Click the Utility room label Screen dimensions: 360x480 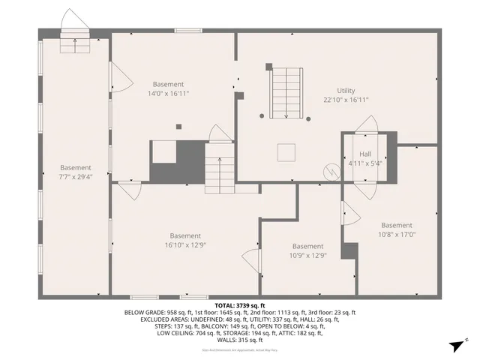(x=346, y=90)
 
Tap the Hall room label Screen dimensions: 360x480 (x=365, y=152)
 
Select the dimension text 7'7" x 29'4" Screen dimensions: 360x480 (x=76, y=177)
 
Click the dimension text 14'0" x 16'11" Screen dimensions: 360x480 (x=168, y=94)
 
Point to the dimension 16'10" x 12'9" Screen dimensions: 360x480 (x=184, y=244)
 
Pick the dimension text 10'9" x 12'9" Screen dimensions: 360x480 (x=307, y=255)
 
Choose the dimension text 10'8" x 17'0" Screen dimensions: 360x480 (x=396, y=234)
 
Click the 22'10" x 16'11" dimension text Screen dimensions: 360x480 (x=346, y=100)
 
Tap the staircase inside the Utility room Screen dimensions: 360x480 (x=286, y=91)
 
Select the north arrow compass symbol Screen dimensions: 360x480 (x=456, y=346)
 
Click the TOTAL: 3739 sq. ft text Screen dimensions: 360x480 (x=240, y=306)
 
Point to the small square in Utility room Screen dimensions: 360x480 (x=286, y=152)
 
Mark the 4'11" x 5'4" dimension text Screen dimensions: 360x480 (x=365, y=162)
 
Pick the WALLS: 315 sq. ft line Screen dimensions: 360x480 (x=240, y=340)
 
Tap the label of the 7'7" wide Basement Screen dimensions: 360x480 (x=76, y=167)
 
